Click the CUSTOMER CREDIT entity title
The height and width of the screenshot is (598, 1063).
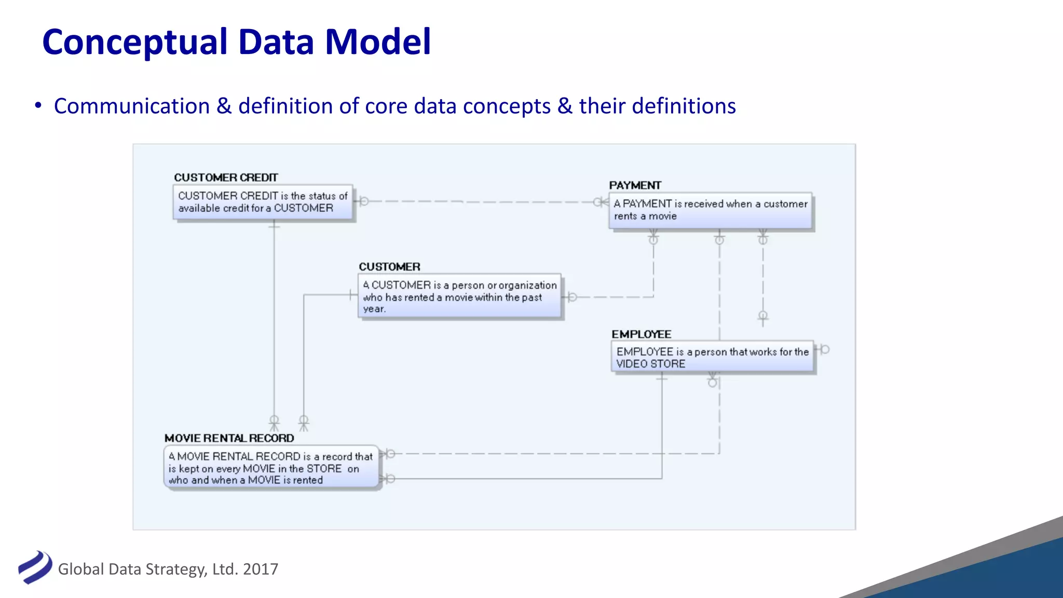point(226,178)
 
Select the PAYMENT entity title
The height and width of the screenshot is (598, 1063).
point(635,185)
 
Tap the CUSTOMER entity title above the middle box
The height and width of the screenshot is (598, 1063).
point(389,267)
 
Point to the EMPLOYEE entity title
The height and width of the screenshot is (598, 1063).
point(641,334)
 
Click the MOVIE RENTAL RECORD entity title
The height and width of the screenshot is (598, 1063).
point(229,438)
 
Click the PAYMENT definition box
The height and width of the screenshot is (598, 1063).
point(710,211)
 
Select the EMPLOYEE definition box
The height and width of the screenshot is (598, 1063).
point(712,357)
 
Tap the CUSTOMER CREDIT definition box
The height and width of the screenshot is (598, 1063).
point(263,202)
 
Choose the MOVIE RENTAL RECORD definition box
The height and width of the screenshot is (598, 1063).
point(271,468)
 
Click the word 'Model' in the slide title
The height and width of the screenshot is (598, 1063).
point(377,42)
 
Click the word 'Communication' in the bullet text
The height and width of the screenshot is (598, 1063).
point(132,106)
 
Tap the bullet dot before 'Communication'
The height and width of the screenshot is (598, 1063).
point(38,105)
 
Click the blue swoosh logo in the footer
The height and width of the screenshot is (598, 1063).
point(35,567)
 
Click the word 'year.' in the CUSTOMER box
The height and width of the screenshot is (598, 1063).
point(374,309)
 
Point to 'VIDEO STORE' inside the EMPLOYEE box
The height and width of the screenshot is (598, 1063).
point(650,364)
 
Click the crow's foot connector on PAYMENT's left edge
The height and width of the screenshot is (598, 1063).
point(601,202)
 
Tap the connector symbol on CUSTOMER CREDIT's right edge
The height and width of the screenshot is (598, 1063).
point(362,201)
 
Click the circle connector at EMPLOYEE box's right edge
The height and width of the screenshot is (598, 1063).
point(823,350)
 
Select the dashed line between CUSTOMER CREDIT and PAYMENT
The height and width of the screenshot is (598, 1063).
point(478,201)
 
